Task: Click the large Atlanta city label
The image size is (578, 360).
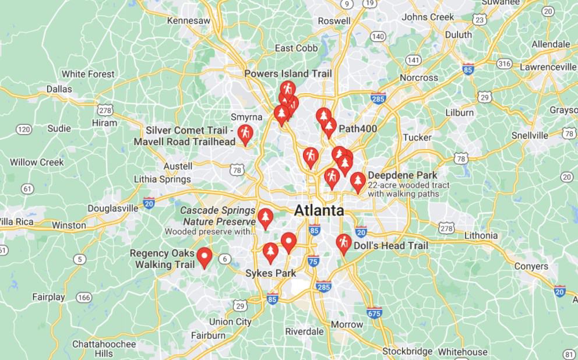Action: pos(319,210)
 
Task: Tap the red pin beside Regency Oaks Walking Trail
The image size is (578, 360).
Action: pos(204,256)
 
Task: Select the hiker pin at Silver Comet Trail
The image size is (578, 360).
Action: pos(245,134)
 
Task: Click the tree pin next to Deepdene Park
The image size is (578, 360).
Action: pos(358,182)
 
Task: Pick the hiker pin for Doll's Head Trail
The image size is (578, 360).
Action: pos(344,243)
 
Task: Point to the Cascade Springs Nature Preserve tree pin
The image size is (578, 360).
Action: pos(265,218)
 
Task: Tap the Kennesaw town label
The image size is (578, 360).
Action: pos(188,20)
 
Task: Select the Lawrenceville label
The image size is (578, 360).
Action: pos(547,67)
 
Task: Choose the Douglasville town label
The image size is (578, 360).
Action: pos(113,208)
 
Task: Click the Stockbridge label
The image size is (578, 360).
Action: pos(407,351)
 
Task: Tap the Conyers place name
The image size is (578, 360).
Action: pos(531,266)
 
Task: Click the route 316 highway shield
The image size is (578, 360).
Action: pos(505,63)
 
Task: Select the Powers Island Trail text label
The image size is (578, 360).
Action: pos(288,73)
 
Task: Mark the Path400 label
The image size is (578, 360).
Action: pos(358,129)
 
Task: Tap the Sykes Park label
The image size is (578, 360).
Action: pos(270,273)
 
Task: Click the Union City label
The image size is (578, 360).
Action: pos(230,322)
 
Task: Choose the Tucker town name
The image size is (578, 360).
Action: pos(417,137)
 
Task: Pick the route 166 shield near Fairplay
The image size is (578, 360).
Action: pos(84,298)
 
